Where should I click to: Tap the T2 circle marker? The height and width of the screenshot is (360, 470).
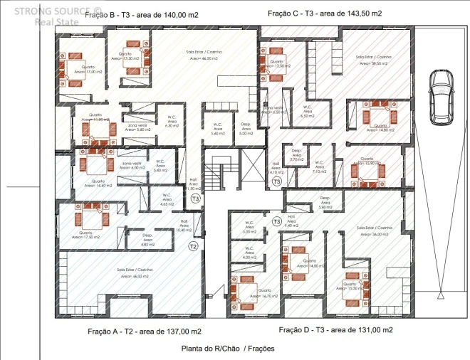(192, 246)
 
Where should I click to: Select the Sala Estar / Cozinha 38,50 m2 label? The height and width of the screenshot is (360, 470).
(374, 60)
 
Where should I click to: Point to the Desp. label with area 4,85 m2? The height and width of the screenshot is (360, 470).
(147, 238)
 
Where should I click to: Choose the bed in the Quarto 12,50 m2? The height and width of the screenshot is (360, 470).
(272, 60)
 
